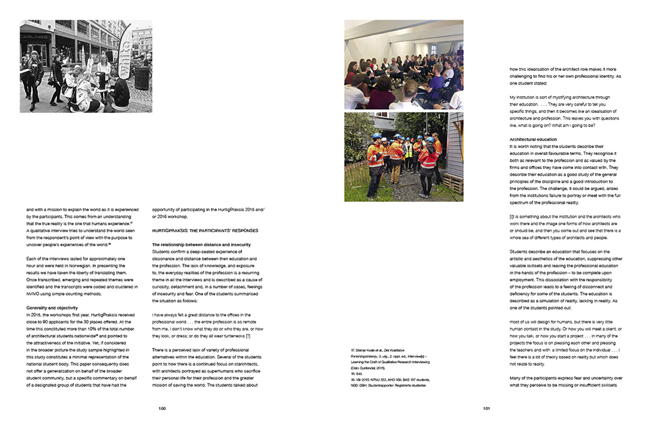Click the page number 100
[162, 408]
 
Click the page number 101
[486, 408]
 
